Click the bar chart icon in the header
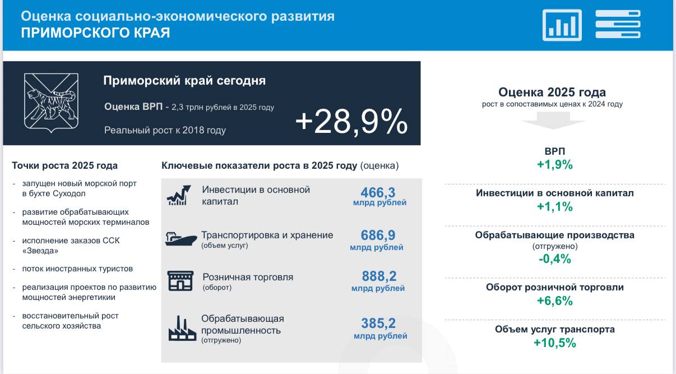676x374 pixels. click(x=562, y=25)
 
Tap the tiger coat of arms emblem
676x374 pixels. click(x=51, y=103)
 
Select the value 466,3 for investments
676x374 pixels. click(x=378, y=192)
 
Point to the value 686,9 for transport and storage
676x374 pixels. click(x=378, y=235)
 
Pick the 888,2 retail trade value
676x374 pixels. click(x=379, y=276)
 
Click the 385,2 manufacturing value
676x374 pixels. click(x=378, y=324)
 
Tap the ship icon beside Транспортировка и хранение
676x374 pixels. click(x=180, y=239)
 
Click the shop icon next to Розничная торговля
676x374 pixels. click(x=180, y=281)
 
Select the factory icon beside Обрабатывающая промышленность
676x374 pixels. click(x=182, y=329)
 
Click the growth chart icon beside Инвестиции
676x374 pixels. click(x=179, y=195)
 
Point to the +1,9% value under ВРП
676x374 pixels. click(x=555, y=165)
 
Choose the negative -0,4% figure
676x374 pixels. click(x=555, y=259)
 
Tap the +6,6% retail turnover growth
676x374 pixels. click(x=555, y=301)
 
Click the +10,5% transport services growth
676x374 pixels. click(x=555, y=343)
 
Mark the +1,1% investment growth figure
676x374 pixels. click(x=555, y=207)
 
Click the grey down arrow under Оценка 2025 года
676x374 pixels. click(x=553, y=121)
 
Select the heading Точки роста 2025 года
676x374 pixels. click(x=64, y=165)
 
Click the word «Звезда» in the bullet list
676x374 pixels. click(x=40, y=251)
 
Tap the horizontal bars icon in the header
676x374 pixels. click(x=618, y=24)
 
